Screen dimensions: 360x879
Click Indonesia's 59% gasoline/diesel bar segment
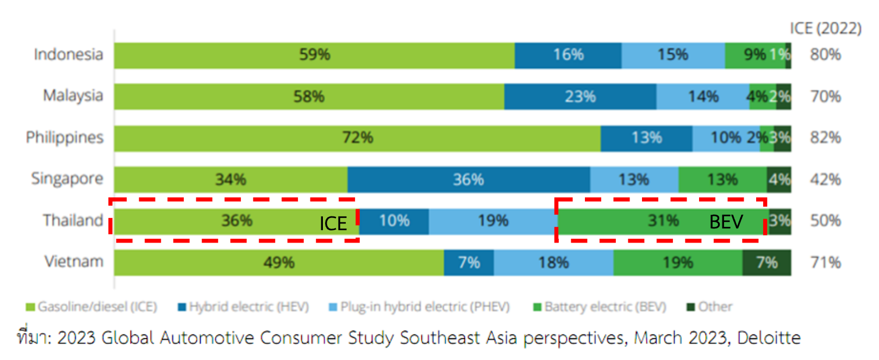tap(314, 55)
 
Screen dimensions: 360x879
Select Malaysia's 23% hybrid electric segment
tap(580, 97)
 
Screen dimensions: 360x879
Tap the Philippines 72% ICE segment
tap(357, 138)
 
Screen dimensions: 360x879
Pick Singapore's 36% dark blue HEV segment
tap(469, 179)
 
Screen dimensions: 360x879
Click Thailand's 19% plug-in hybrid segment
tap(493, 221)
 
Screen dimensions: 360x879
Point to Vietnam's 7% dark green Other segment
tap(766, 263)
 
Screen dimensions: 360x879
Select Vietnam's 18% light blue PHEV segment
tap(553, 263)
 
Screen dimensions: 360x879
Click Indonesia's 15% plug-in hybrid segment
tap(672, 55)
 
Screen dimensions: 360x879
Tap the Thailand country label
tap(73, 220)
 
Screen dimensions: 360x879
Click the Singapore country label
tap(67, 178)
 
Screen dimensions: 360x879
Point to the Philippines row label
tap(65, 137)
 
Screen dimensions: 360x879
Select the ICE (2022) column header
tap(825, 28)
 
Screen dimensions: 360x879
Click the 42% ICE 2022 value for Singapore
tap(825, 179)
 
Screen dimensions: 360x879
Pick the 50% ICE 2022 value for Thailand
tap(825, 221)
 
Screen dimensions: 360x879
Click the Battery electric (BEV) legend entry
tap(600, 307)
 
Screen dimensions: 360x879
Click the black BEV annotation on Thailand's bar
tap(726, 222)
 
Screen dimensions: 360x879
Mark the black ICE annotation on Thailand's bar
tap(333, 224)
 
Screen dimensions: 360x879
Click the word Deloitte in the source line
tap(769, 338)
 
